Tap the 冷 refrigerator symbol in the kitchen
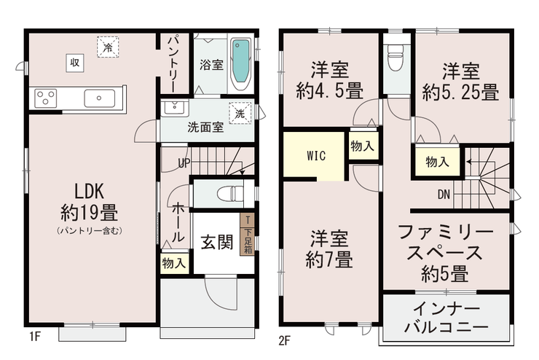pos(108,47)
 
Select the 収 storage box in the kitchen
pos(75,63)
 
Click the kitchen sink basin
pos(99,98)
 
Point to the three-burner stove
pos(45,98)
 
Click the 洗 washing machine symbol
pos(240,113)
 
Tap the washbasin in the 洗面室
pos(174,108)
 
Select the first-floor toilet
pos(230,193)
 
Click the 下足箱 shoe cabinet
pos(248,234)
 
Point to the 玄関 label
pos(216,242)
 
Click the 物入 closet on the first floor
pos(174,264)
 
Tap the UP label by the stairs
pos(184,163)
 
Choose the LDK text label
pos(90,191)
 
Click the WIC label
pos(316,156)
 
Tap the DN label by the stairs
pos(444,195)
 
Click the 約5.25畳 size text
pos(460,93)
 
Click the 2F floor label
pos(285,341)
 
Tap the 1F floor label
pos(35,336)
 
